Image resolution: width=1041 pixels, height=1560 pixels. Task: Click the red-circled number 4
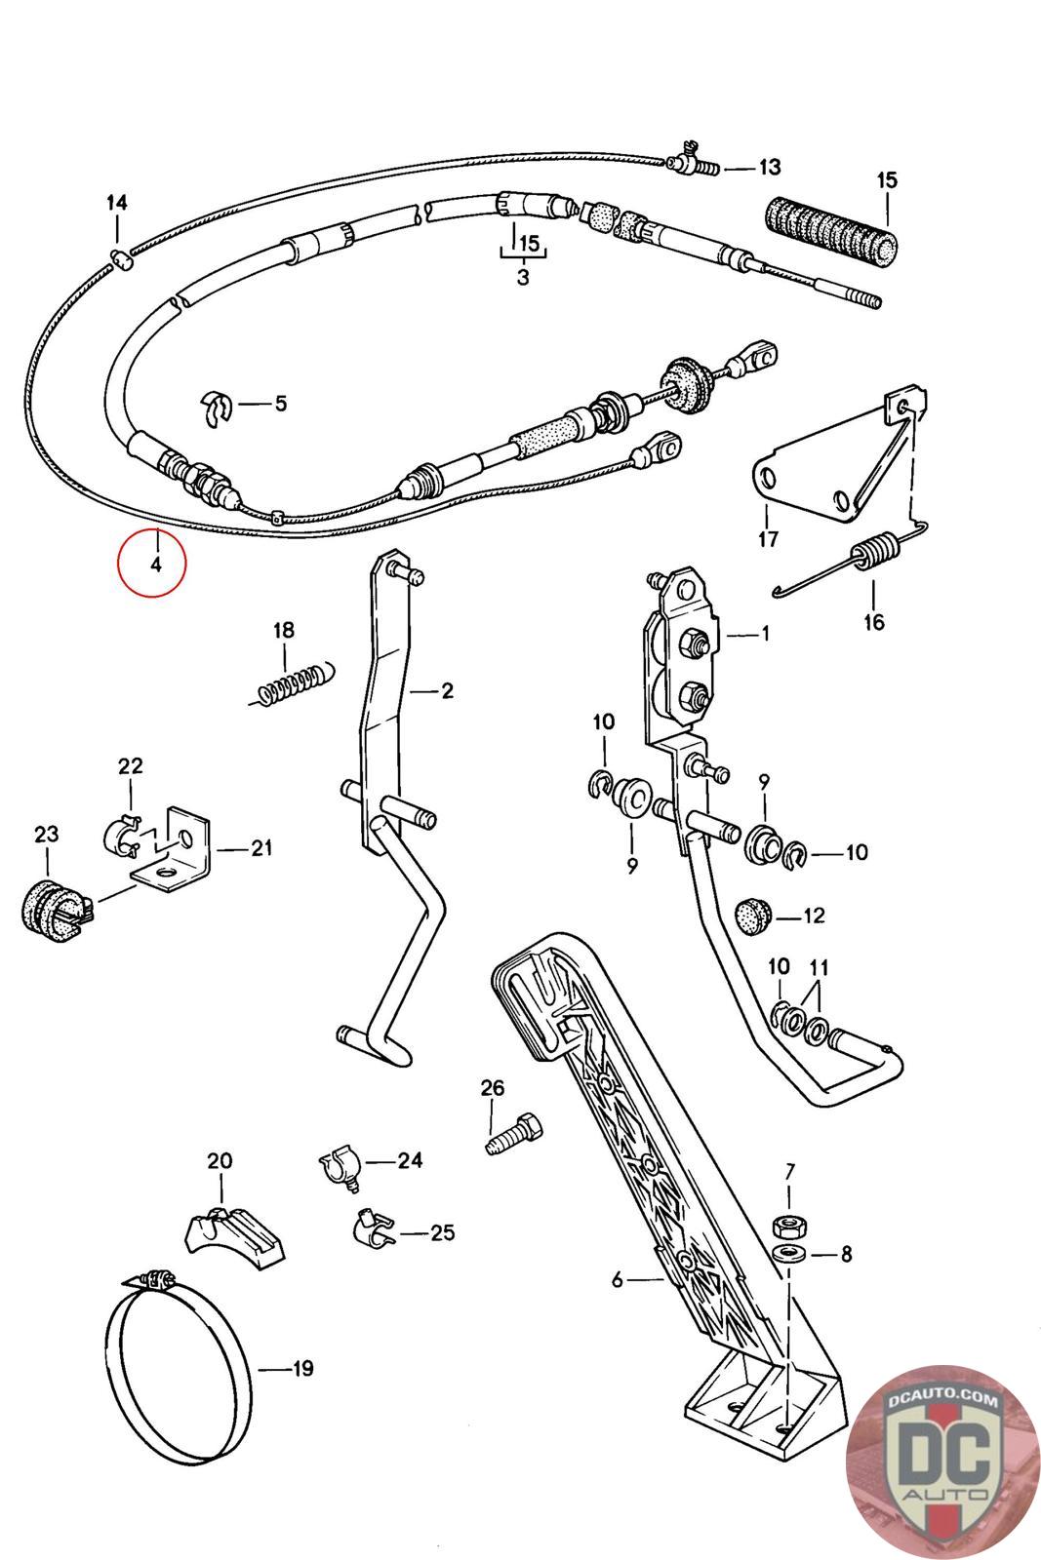pos(155,565)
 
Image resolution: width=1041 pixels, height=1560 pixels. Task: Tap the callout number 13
pos(769,167)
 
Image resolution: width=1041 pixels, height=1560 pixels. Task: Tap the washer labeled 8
pos(789,1252)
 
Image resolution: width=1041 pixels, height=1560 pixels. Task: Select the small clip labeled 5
pos(218,409)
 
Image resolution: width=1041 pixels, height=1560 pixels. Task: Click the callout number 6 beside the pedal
pos(618,1279)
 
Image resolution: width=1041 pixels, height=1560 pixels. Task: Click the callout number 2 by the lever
pos(447,691)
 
